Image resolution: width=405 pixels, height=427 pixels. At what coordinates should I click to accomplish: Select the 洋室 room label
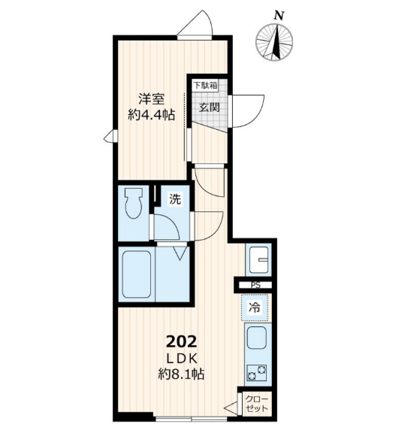150,98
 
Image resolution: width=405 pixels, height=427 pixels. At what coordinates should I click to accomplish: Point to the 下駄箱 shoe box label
205,86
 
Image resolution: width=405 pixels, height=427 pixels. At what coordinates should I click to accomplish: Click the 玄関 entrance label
208,107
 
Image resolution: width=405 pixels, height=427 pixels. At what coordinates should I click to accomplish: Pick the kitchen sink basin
258,339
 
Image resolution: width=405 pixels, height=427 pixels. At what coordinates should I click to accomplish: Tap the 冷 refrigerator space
255,307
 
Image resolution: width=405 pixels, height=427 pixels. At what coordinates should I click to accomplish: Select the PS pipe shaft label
255,285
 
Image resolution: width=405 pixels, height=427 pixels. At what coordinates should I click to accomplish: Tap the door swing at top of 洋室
197,24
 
